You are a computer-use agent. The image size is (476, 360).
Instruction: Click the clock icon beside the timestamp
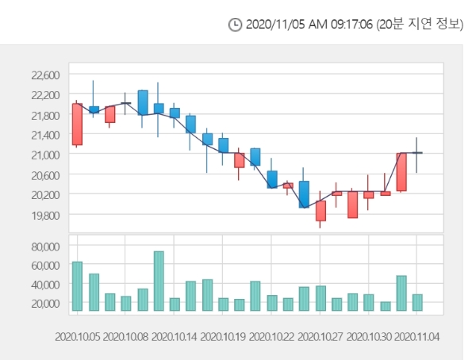point(235,25)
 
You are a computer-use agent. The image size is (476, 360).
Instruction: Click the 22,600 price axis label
point(45,75)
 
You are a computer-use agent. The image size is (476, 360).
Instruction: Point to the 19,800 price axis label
point(45,215)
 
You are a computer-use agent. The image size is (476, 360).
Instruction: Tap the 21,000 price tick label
point(45,155)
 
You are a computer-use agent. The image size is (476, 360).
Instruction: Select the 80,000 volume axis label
point(45,246)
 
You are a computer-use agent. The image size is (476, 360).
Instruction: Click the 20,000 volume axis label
point(45,304)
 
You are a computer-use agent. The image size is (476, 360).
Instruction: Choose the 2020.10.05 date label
point(78,336)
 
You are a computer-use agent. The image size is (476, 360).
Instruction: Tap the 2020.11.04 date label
point(417,336)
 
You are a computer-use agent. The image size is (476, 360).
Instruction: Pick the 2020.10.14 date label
point(175,336)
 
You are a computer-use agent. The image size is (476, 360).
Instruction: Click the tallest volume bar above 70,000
point(159,281)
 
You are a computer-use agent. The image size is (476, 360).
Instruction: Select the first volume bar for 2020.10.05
point(77,286)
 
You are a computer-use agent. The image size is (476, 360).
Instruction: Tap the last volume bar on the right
point(417,302)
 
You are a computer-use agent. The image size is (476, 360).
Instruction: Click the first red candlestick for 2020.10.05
point(77,124)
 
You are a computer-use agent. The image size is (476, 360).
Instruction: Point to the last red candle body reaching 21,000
point(401,172)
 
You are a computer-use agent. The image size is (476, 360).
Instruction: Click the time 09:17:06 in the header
point(347,25)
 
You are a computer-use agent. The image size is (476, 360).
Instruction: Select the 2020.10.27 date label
point(321,336)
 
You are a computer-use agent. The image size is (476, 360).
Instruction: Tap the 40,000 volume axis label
point(45,285)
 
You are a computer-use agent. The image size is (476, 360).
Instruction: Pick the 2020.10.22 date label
point(272,336)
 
